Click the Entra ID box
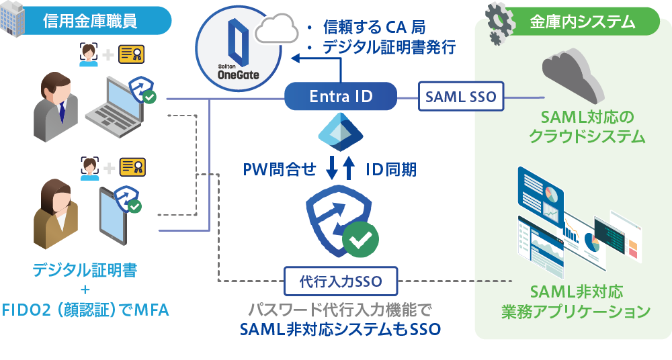340,97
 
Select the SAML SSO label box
460,97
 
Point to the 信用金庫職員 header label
90,21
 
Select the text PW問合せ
279,169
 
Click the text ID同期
390,169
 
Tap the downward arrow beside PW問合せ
331,169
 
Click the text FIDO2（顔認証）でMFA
85,310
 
